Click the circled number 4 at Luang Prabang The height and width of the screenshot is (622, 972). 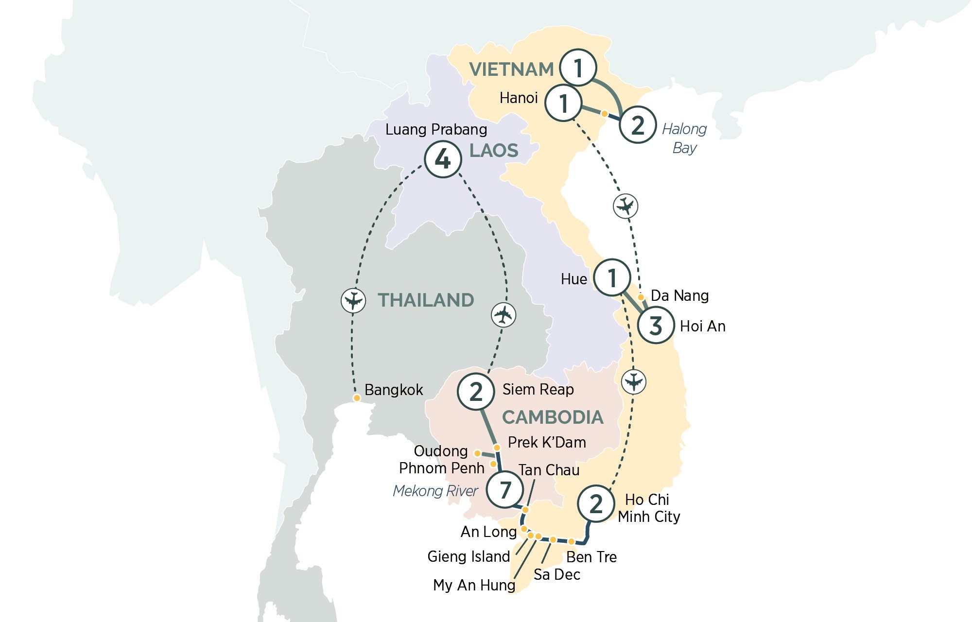[x=443, y=159]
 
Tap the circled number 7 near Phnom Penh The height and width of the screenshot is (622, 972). [x=505, y=489]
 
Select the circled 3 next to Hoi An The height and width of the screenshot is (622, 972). [x=656, y=326]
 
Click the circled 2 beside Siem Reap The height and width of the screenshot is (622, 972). [x=476, y=392]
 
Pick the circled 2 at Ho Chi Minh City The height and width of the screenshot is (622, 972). [x=596, y=504]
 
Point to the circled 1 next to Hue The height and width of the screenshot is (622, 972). [x=612, y=277]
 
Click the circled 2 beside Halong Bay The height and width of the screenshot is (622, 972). [x=638, y=125]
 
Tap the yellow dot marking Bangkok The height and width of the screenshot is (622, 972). [x=357, y=398]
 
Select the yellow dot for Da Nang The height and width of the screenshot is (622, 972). [x=641, y=297]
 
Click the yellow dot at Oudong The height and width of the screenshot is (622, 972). [x=477, y=453]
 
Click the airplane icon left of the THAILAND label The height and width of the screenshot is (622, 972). [x=353, y=300]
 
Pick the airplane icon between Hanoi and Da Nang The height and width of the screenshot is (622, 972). [x=625, y=206]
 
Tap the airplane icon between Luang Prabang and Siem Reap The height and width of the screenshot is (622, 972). [x=503, y=315]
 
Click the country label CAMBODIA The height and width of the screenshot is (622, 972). [x=553, y=417]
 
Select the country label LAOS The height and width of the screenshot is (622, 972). [x=494, y=151]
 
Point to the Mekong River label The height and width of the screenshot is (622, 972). [x=435, y=491]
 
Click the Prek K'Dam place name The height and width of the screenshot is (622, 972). [x=547, y=442]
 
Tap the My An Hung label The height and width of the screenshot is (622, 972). [x=474, y=585]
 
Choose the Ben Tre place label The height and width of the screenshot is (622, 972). [x=591, y=557]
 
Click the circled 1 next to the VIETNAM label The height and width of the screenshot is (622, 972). [x=578, y=68]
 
